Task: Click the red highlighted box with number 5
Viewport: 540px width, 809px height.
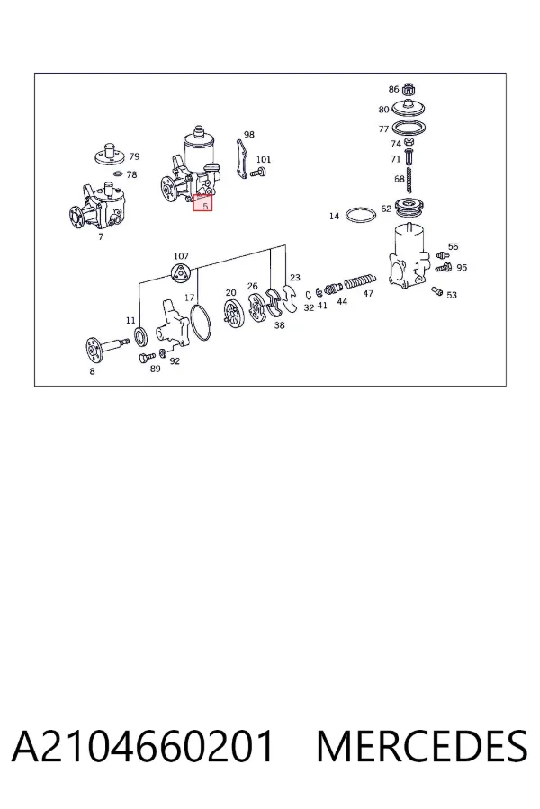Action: point(203,203)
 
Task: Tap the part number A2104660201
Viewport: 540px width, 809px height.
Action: point(142,746)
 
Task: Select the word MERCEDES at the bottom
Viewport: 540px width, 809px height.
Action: point(422,746)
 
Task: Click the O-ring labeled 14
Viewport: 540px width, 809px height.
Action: point(360,215)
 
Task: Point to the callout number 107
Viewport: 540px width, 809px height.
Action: point(181,255)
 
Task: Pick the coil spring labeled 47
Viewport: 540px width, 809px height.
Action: point(360,281)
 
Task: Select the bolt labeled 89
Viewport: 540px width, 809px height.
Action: point(147,357)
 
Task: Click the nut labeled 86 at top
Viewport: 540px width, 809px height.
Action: point(409,89)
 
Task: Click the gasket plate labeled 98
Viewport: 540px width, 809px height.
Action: point(240,159)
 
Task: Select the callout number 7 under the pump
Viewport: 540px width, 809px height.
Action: point(100,236)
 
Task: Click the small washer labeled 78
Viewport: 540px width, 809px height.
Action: point(117,173)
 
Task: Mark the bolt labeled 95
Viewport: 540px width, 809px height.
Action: point(444,267)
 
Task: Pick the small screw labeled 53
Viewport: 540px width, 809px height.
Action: point(437,291)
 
